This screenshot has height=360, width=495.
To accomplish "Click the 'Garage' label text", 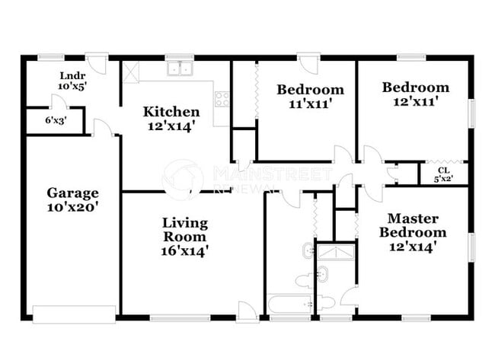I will click(x=72, y=193).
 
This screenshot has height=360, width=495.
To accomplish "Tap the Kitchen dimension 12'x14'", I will click(x=172, y=126).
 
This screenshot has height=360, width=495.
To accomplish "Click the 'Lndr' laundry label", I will click(x=72, y=75).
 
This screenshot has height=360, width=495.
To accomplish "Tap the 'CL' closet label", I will click(x=442, y=170).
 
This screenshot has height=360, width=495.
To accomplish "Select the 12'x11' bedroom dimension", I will click(x=415, y=100).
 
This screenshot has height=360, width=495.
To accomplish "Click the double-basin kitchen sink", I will click(x=180, y=69).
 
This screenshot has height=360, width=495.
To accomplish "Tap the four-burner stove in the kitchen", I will click(x=222, y=98).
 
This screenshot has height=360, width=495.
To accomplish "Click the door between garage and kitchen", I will click(x=107, y=127).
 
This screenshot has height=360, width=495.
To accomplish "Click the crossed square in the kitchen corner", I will click(x=130, y=72).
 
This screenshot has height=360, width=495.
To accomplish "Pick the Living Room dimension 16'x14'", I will click(x=184, y=249).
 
